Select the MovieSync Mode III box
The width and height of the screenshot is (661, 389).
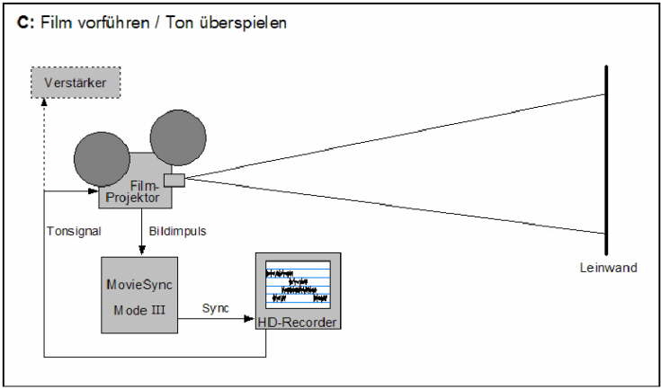pyautogui.click(x=139, y=295)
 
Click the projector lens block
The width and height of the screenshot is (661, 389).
pyautogui.click(x=174, y=180)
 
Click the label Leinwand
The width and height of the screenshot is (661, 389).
pyautogui.click(x=610, y=268)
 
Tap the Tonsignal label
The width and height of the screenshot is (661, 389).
pyautogui.click(x=74, y=231)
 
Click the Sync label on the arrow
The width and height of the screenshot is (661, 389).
pyautogui.click(x=215, y=307)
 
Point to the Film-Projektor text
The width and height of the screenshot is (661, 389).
pyautogui.click(x=136, y=190)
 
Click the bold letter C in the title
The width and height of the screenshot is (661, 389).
pyautogui.click(x=22, y=22)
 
